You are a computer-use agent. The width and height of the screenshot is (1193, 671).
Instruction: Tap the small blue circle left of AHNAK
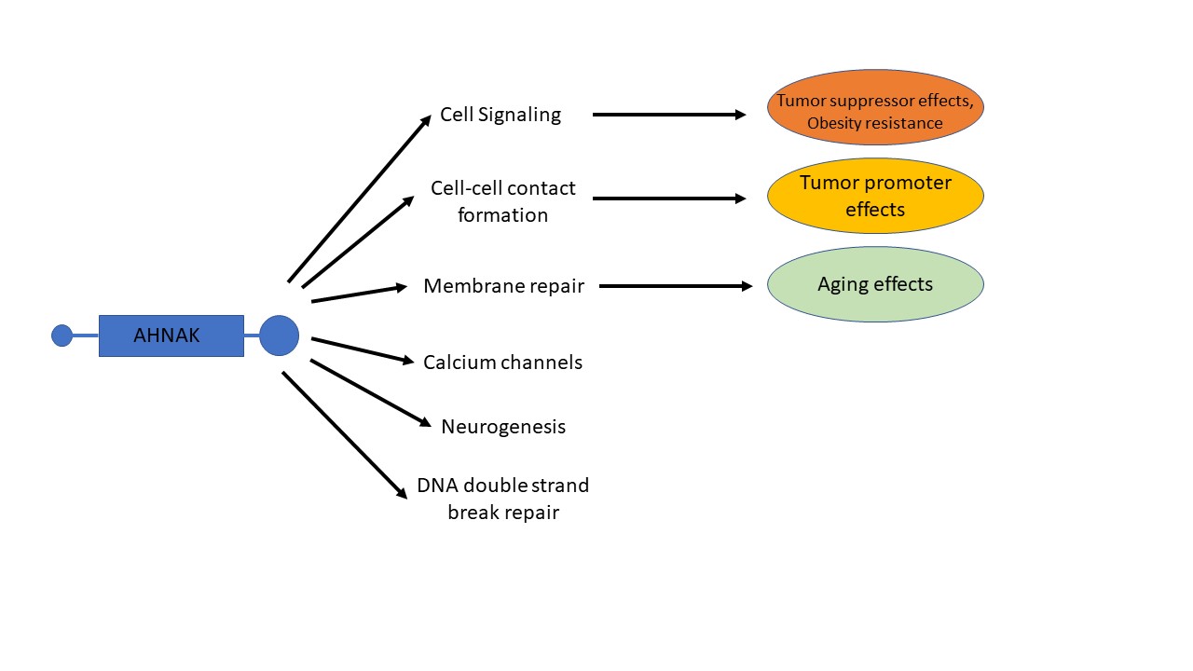tap(62, 335)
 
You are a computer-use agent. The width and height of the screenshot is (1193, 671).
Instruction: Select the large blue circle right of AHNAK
tap(279, 335)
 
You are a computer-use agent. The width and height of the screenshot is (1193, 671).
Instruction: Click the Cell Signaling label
tap(501, 115)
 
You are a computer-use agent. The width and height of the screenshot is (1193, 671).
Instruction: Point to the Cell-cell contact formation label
tap(503, 201)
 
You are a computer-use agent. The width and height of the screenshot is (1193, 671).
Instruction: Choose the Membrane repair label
tap(503, 286)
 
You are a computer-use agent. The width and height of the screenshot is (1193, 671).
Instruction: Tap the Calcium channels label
tap(502, 362)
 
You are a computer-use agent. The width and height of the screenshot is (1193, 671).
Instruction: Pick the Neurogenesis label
tap(503, 427)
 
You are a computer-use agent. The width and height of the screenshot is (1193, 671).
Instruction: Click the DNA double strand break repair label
tap(503, 499)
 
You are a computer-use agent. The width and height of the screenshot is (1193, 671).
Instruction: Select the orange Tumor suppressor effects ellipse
tap(875, 107)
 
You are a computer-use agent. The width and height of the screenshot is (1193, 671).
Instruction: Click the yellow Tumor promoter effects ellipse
tap(875, 196)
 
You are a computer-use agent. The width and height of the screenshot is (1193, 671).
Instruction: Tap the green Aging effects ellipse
tap(875, 284)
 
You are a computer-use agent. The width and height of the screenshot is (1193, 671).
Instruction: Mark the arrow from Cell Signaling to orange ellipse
tap(669, 115)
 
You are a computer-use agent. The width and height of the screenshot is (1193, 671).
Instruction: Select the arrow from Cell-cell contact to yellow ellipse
tap(669, 199)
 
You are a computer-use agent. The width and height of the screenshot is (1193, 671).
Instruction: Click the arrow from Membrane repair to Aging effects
tap(676, 286)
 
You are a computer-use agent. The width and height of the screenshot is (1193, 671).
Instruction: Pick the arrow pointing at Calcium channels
tap(363, 349)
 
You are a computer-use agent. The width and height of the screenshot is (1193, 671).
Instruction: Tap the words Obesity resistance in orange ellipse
tap(875, 123)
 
